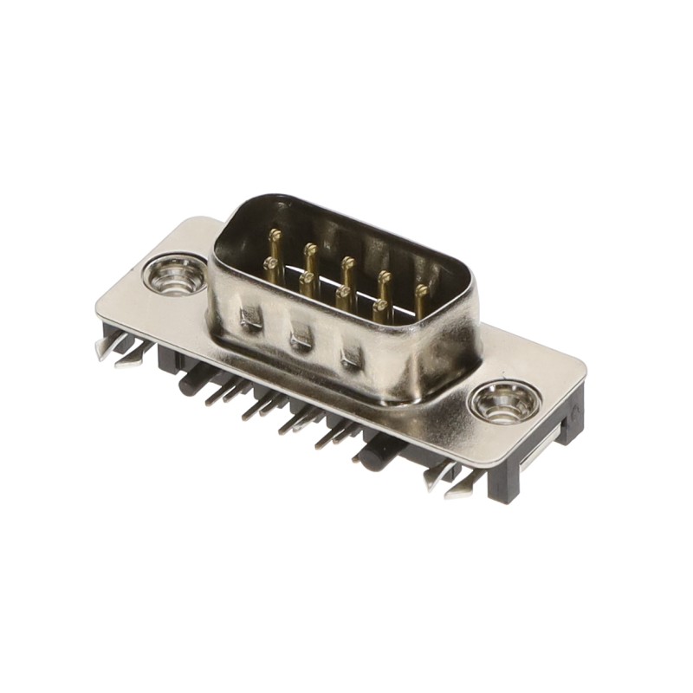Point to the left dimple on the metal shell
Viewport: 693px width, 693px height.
point(251,318)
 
